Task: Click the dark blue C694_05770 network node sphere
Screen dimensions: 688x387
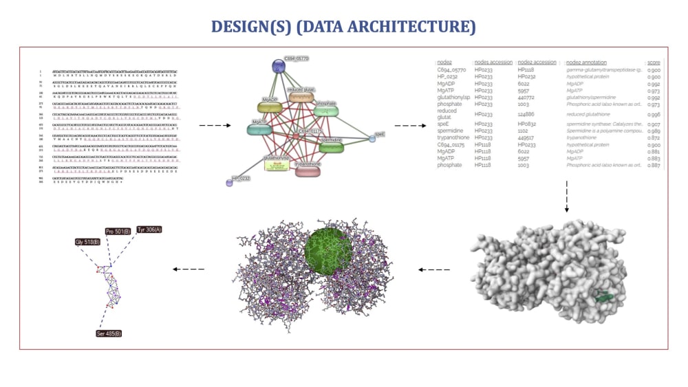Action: point(278,66)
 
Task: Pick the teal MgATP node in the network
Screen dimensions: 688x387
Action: point(259,127)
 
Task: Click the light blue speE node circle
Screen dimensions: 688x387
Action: point(372,138)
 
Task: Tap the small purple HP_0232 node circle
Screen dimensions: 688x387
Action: point(229,182)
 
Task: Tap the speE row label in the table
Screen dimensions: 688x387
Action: point(443,124)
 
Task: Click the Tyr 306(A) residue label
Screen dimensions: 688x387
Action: point(149,229)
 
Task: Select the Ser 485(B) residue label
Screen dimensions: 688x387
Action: point(109,333)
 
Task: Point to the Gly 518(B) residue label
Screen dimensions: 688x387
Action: point(88,242)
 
